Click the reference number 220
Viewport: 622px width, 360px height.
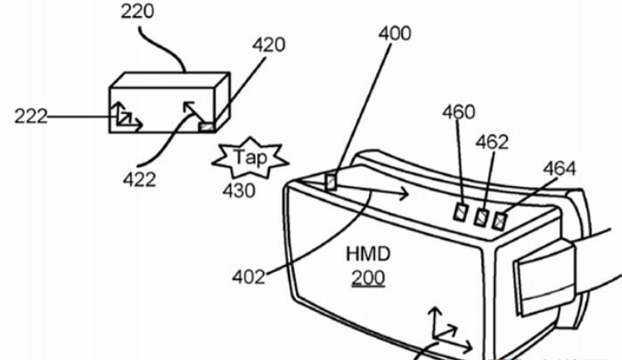[x=137, y=11]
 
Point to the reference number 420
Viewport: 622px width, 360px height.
[x=268, y=45]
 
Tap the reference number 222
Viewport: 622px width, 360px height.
[x=30, y=117]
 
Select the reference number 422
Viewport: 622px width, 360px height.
[x=139, y=180]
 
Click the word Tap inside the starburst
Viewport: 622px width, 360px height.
[x=250, y=158]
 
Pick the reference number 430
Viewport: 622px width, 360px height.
[x=239, y=191]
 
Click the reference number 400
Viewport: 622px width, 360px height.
[x=395, y=34]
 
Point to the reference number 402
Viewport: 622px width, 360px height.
[x=249, y=277]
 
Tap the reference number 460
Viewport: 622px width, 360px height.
[x=459, y=112]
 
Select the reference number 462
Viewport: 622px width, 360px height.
[x=492, y=142]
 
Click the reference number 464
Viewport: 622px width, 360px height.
[x=560, y=168]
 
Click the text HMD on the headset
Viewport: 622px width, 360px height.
[x=368, y=254]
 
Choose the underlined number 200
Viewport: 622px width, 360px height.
[x=368, y=277]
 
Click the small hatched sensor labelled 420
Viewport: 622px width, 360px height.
[x=206, y=127]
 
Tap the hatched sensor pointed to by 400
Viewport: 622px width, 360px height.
[x=331, y=183]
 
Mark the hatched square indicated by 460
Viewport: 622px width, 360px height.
[x=461, y=212]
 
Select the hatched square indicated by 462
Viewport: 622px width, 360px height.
[x=481, y=217]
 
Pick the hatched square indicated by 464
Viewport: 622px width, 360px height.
[x=499, y=221]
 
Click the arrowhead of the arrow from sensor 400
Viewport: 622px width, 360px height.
[x=404, y=193]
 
